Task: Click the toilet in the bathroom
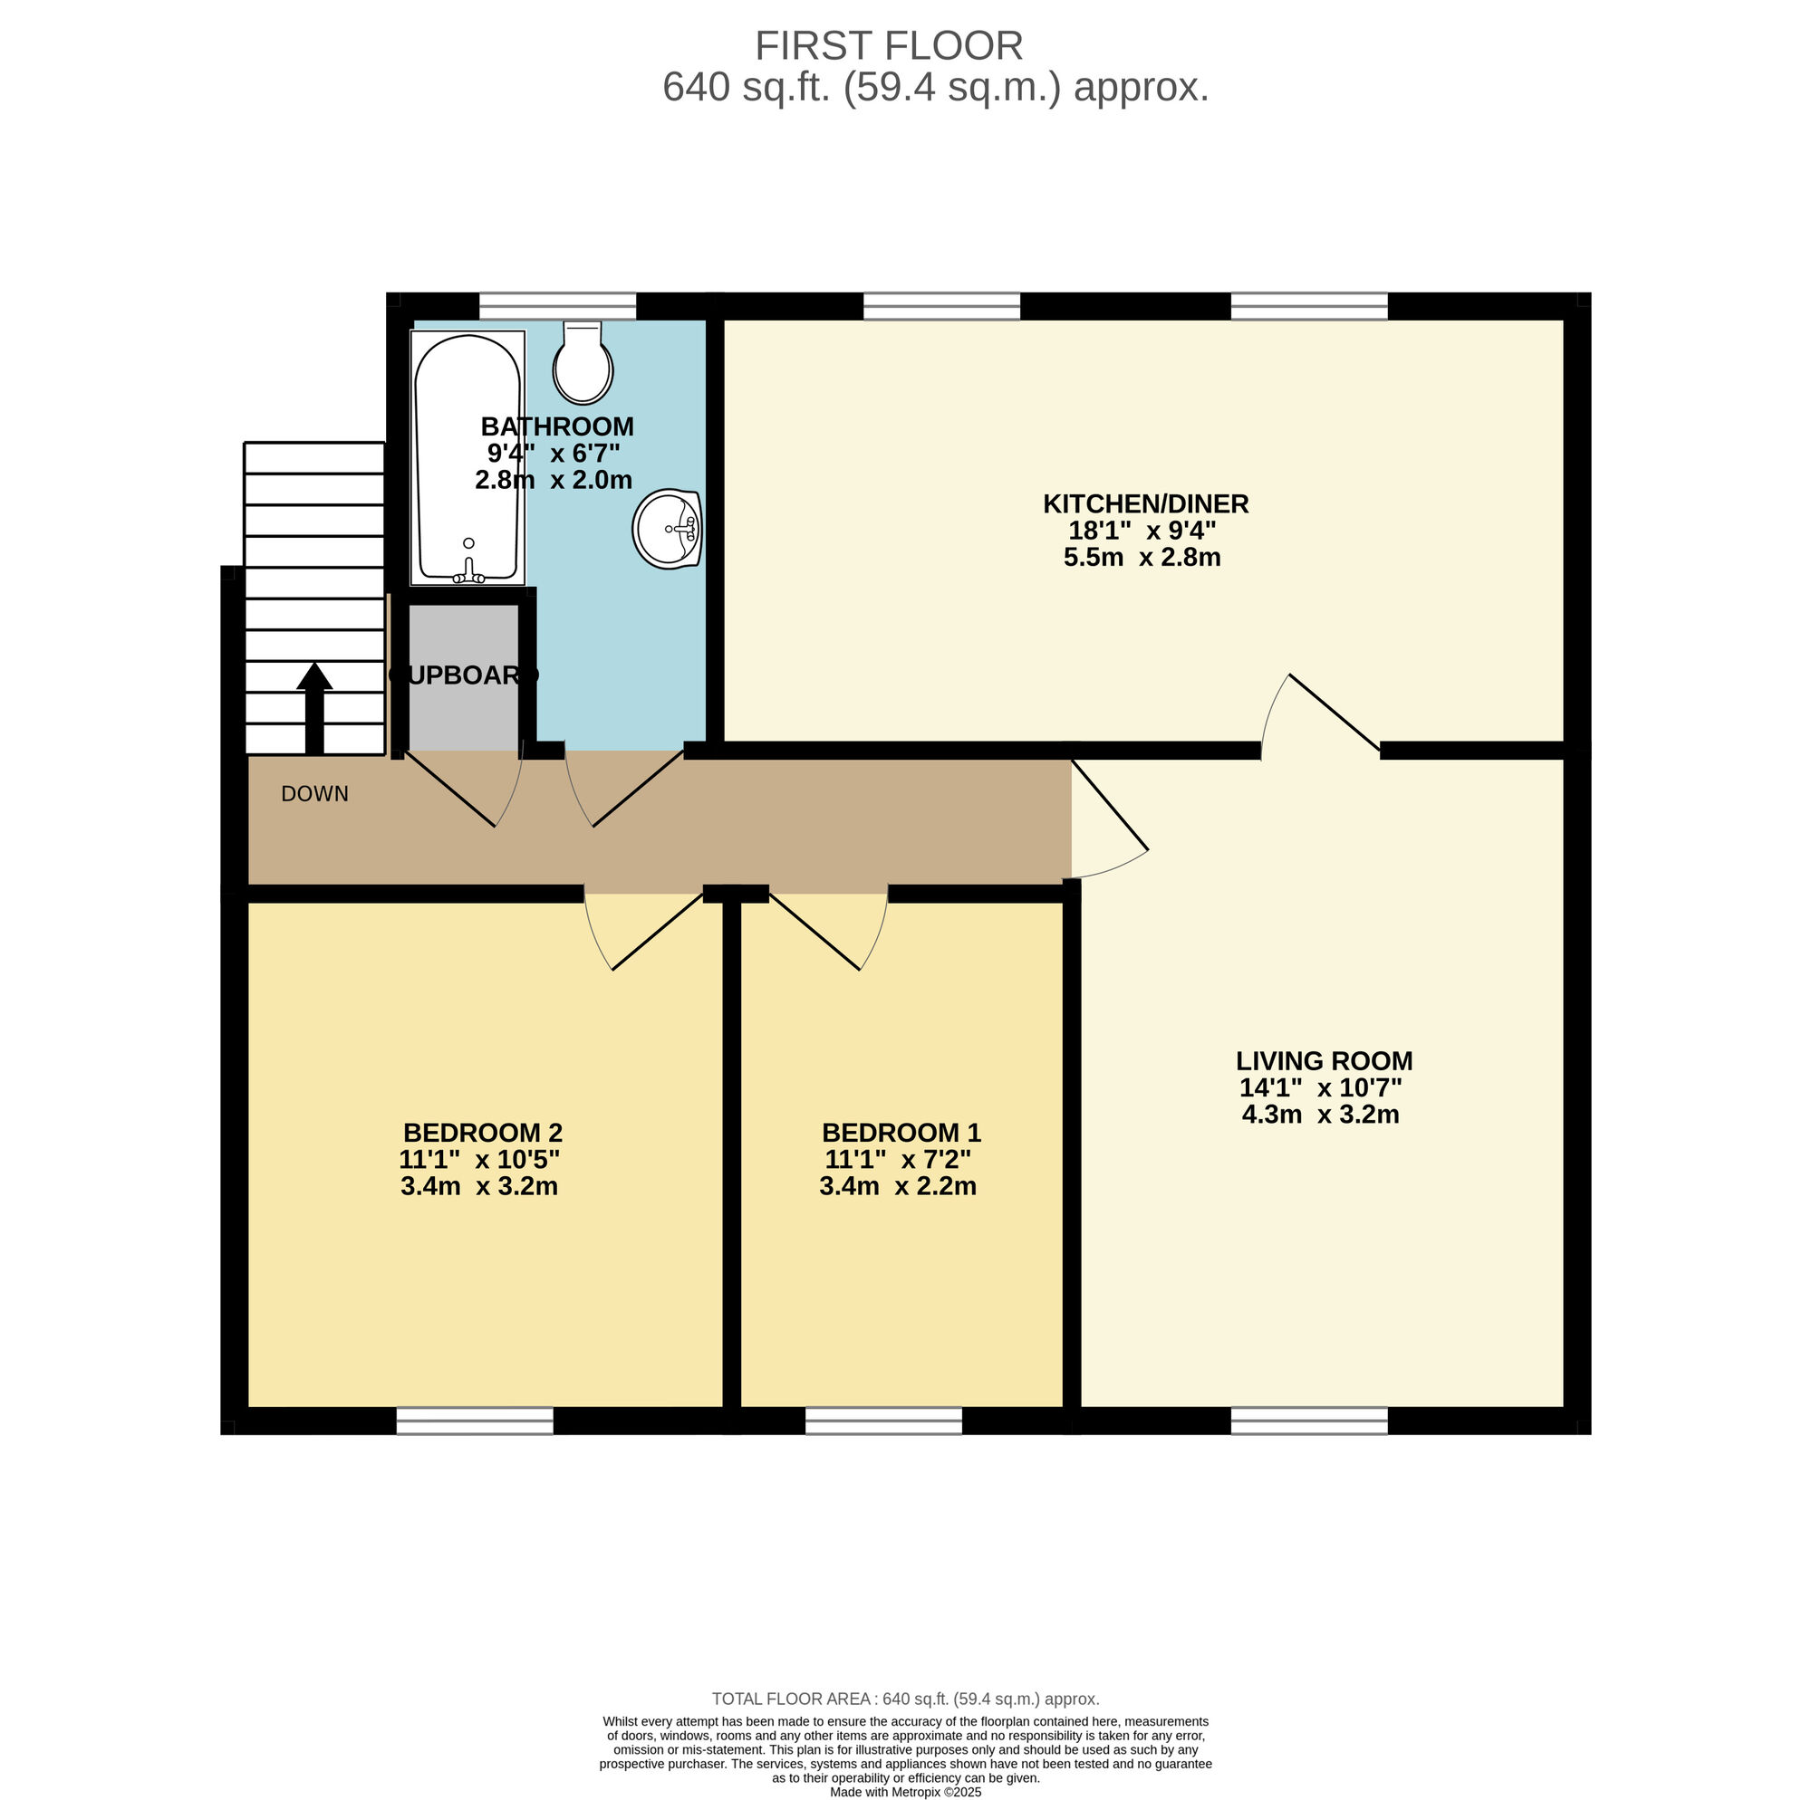pyautogui.click(x=583, y=366)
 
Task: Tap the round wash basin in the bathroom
pyautogui.click(x=667, y=529)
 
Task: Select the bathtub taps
pyautogui.click(x=469, y=573)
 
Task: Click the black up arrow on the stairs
pyautogui.click(x=314, y=707)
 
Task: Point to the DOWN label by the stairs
pyautogui.click(x=314, y=794)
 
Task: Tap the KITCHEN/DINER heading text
pyautogui.click(x=1145, y=504)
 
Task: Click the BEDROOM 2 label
pyautogui.click(x=482, y=1133)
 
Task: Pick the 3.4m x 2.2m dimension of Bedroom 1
pyautogui.click(x=898, y=1186)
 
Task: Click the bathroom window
pyautogui.click(x=557, y=307)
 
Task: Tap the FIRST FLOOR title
pyautogui.click(x=888, y=46)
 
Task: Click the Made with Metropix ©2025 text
pyautogui.click(x=905, y=1792)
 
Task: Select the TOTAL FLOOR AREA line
pyautogui.click(x=905, y=1699)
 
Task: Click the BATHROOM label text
pyautogui.click(x=557, y=426)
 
